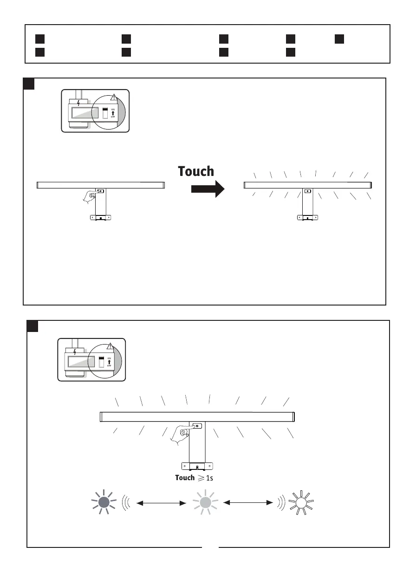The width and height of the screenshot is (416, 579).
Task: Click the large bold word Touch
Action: (x=196, y=171)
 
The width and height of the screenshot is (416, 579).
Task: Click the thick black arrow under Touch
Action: (x=208, y=189)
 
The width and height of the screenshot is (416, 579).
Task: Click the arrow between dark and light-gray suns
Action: (x=159, y=502)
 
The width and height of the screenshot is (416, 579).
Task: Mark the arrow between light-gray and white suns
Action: (x=249, y=502)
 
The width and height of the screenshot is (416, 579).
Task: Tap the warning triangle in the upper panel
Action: (x=114, y=98)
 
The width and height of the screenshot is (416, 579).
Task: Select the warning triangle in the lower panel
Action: (x=110, y=346)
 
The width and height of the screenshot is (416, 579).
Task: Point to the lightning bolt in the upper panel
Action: (x=78, y=103)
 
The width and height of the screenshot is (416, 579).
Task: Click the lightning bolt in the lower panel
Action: (x=75, y=351)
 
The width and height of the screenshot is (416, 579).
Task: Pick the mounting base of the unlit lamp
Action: (x=100, y=217)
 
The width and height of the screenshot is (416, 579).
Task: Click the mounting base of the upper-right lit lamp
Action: (x=308, y=217)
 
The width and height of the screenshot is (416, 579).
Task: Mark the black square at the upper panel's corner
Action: (x=29, y=83)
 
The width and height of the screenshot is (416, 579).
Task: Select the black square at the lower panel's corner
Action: (x=32, y=326)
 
